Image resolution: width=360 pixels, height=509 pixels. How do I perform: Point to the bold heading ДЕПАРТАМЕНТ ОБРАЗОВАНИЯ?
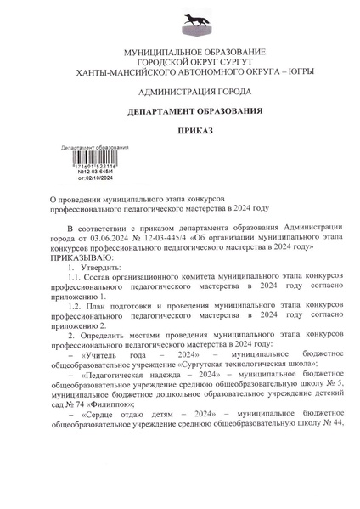click(x=180, y=112)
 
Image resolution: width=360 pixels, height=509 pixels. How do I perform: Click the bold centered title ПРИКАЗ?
click(x=180, y=133)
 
